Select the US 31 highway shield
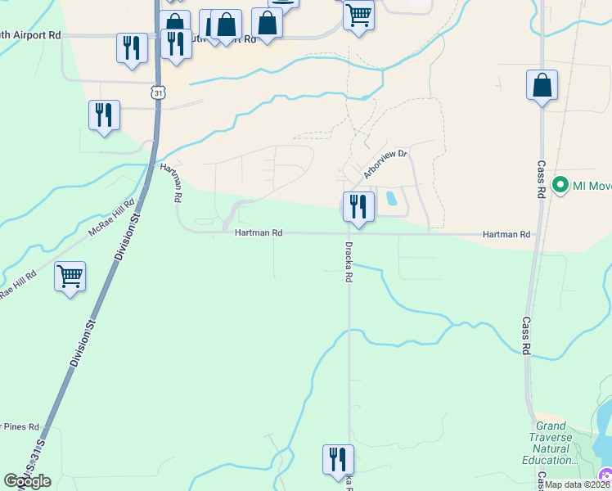(x=159, y=92)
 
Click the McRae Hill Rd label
(x=112, y=218)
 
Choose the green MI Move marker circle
(x=560, y=185)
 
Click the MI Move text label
(x=592, y=186)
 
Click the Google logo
(x=27, y=480)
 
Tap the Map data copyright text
(x=578, y=484)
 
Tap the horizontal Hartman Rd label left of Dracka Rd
(x=259, y=233)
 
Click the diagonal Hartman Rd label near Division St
(x=170, y=182)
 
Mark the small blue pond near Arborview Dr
(x=389, y=198)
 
